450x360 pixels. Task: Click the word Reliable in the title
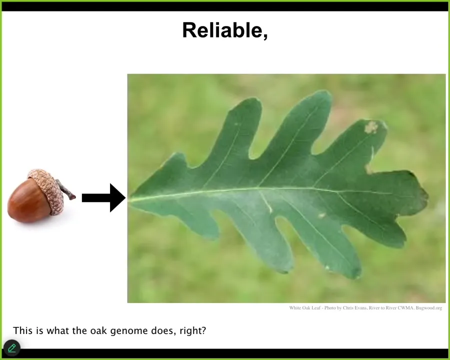222,30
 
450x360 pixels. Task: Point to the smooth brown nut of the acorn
28,201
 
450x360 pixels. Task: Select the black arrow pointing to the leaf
103,198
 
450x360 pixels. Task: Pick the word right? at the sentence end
193,330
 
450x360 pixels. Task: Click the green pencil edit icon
12,348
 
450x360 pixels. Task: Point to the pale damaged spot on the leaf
371,127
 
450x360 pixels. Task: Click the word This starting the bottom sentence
22,330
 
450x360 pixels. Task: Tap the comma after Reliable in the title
265,36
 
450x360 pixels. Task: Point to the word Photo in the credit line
330,308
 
